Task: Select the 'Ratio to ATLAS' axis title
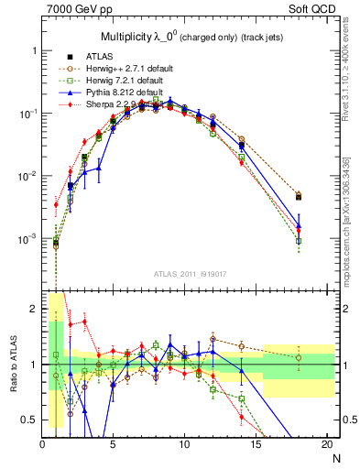pyautogui.click(x=12, y=365)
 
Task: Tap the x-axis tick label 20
pyautogui.click(x=327, y=444)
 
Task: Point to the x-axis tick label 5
pyautogui.click(x=114, y=444)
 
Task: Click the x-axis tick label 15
pyautogui.click(x=256, y=444)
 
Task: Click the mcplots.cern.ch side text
pyautogui.click(x=352, y=211)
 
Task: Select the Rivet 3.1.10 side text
pyautogui.click(x=352, y=82)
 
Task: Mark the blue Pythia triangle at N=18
pyautogui.click(x=299, y=224)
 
